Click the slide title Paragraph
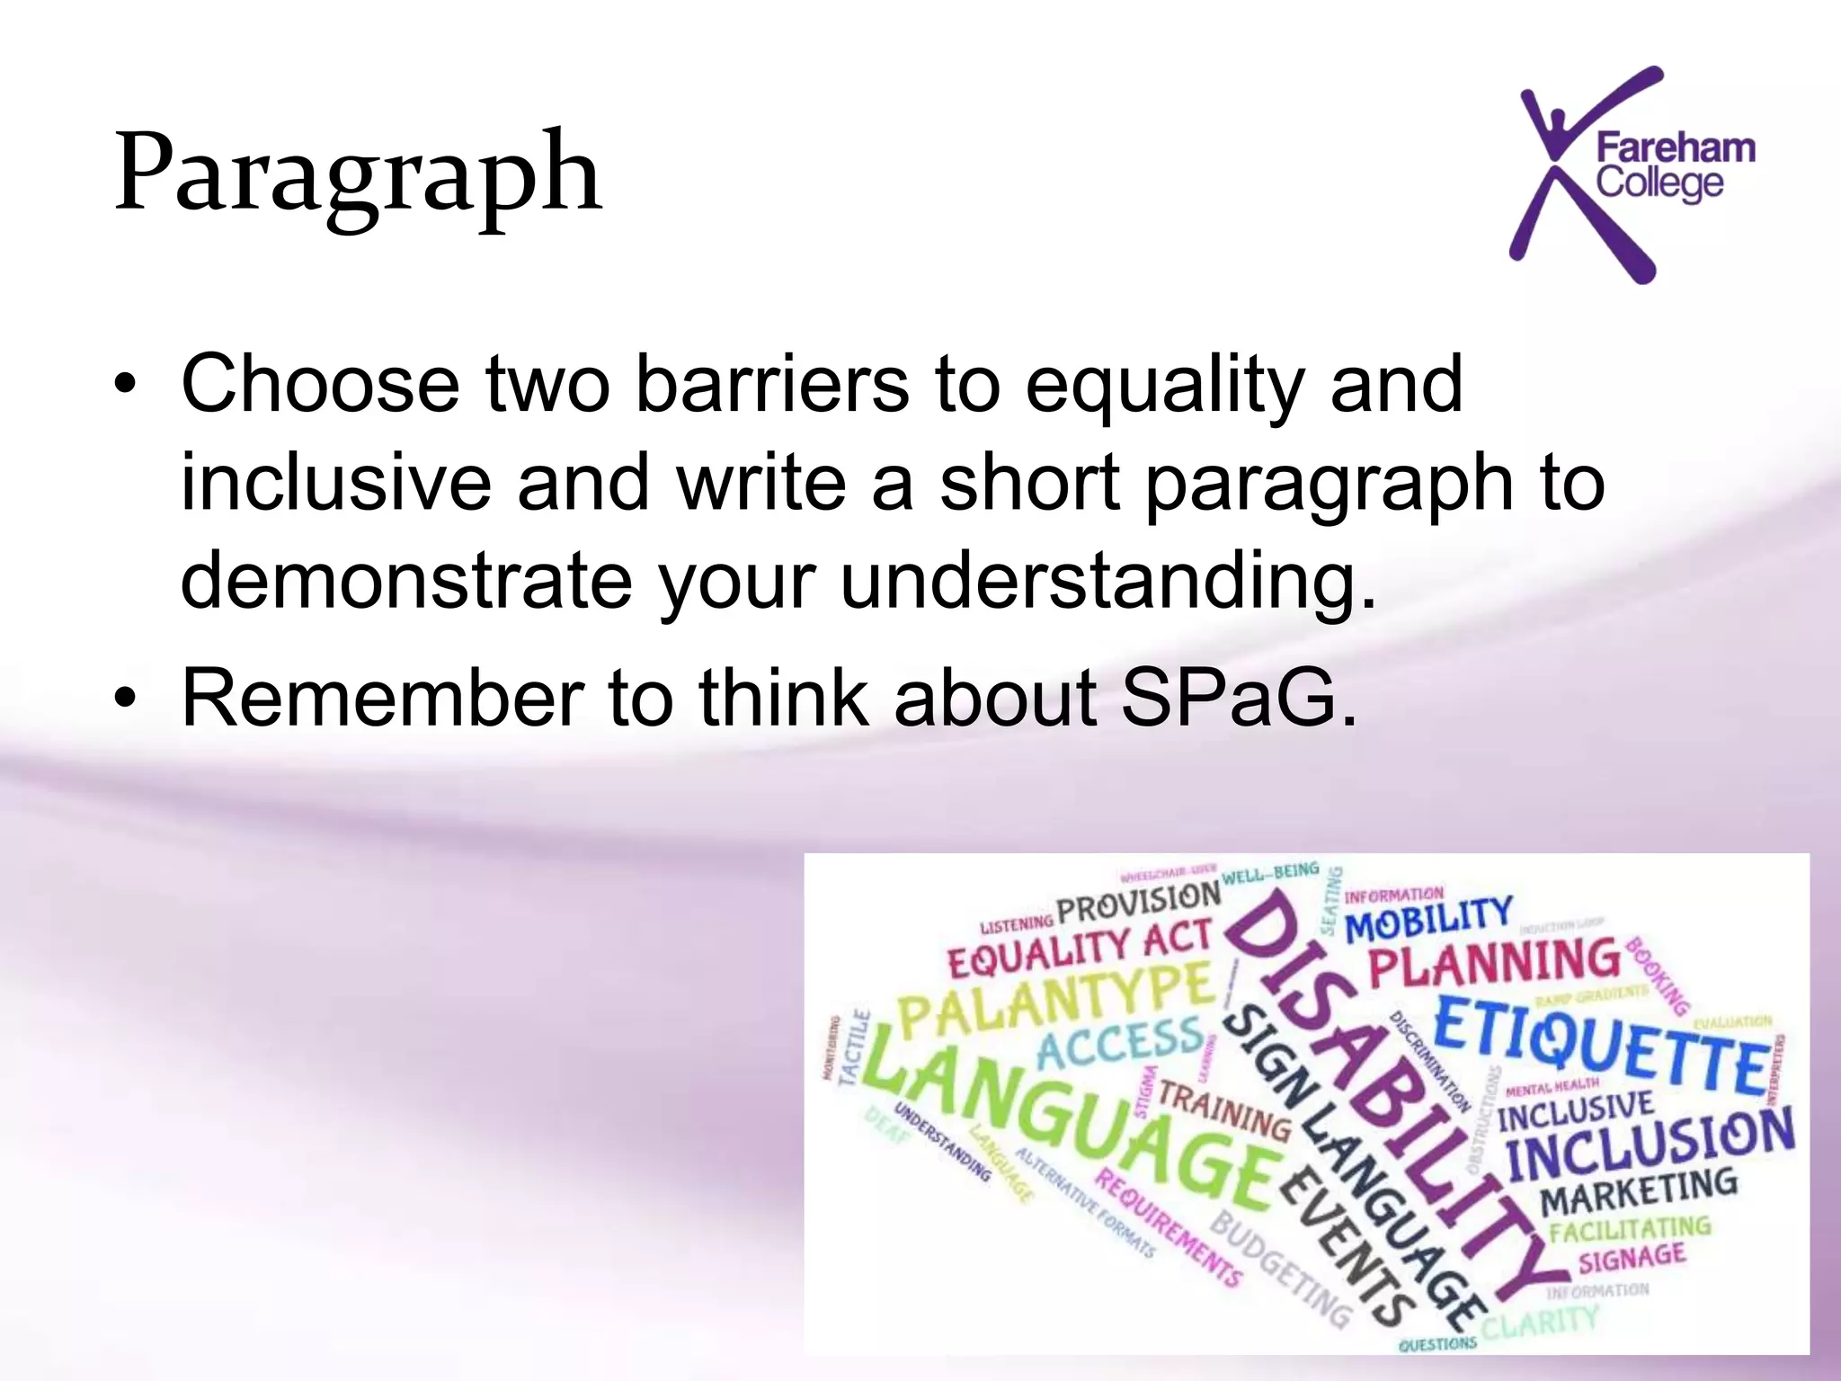point(358,173)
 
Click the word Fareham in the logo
point(1675,147)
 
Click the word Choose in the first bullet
point(320,384)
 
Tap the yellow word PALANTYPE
point(1056,998)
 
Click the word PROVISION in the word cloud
point(1138,902)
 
